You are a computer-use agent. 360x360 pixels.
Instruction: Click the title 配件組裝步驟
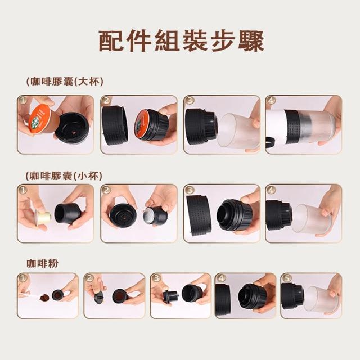(181, 41)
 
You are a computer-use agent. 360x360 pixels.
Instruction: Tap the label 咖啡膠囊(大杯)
(65, 82)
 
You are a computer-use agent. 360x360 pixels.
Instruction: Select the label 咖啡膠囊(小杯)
(64, 176)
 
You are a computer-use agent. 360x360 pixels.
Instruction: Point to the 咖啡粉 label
(43, 263)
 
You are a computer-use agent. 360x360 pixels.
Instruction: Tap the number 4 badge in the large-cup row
(271, 100)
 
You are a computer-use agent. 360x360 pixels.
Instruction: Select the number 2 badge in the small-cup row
(106, 190)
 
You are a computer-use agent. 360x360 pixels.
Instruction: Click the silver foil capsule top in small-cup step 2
(148, 215)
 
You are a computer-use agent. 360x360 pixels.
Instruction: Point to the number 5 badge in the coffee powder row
(286, 278)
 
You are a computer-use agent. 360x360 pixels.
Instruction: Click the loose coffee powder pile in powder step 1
(45, 298)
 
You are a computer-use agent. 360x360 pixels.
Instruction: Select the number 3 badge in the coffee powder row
(156, 278)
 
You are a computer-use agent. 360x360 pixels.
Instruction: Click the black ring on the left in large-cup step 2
(114, 125)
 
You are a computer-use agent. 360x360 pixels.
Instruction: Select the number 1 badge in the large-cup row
(23, 100)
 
